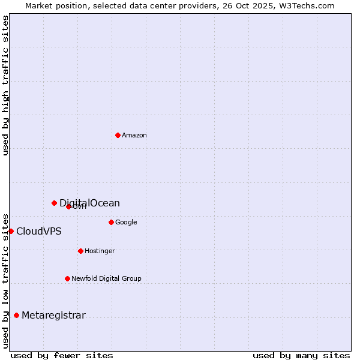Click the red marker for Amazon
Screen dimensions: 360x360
point(118,135)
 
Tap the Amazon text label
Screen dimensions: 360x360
point(134,136)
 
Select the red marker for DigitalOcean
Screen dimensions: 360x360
point(54,203)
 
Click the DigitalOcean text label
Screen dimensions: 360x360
point(89,203)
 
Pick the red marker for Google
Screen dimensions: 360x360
point(111,222)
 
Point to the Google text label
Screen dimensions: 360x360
point(126,223)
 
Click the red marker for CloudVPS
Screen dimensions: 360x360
point(11,231)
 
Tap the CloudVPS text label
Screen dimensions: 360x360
point(39,232)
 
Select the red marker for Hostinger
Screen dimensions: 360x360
point(80,251)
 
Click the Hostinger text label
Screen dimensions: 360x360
point(100,251)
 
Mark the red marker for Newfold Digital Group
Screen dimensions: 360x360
point(67,278)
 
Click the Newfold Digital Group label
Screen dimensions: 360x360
point(106,279)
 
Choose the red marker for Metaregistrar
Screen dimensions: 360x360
point(16,315)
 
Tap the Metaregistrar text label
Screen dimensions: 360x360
point(53,316)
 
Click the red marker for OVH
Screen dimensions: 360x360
point(68,206)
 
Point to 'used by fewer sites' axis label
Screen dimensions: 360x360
point(62,355)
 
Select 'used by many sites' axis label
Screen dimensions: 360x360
point(301,355)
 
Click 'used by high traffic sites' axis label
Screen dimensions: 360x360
point(5,85)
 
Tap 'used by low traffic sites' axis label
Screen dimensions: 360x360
point(5,281)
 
